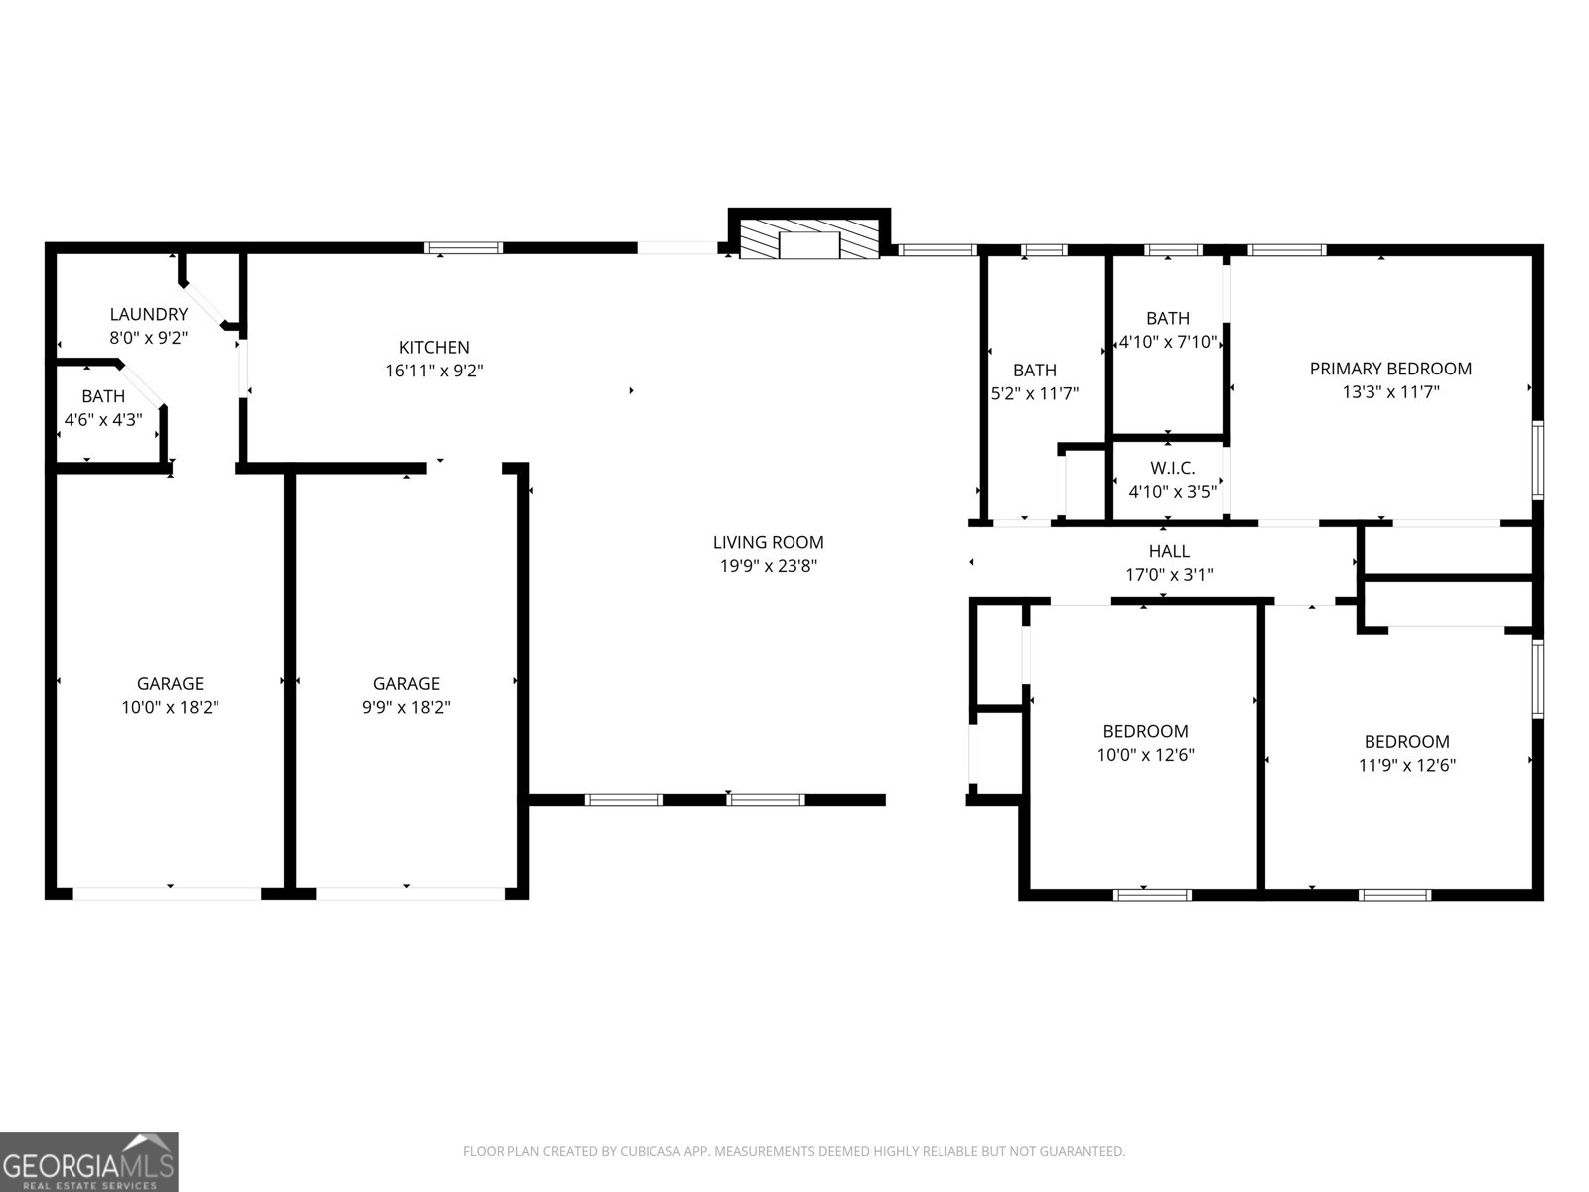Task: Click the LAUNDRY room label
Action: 148,314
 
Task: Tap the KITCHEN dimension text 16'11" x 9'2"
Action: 434,372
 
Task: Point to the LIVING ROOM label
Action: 768,542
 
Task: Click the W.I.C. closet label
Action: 1172,468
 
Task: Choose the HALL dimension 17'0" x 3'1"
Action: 1169,575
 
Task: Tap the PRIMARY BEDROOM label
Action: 1389,369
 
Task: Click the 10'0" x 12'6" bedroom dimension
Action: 1145,755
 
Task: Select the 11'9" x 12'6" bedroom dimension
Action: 1406,766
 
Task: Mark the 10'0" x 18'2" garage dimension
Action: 170,708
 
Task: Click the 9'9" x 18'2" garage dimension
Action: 406,708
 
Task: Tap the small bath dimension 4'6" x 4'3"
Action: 103,420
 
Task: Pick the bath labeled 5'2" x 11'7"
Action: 1034,393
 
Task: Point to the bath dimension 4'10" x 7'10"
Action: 1167,342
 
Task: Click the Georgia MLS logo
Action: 88,1162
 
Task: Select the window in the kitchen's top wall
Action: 464,248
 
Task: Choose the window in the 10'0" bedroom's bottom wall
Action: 1152,895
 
